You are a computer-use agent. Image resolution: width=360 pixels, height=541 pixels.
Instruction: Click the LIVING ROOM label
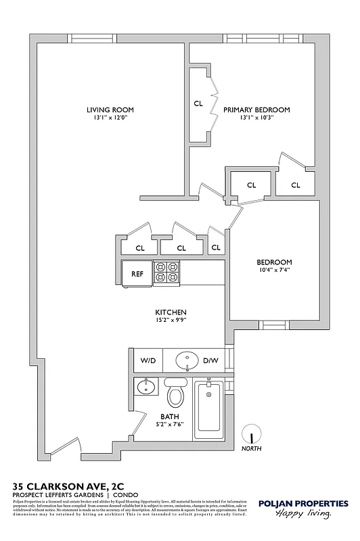click(x=110, y=110)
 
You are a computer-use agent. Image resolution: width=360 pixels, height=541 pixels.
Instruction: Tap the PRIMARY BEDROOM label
click(x=256, y=110)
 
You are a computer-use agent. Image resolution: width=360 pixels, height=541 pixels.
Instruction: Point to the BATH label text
click(x=169, y=417)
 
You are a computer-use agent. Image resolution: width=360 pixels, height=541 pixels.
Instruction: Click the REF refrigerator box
click(x=137, y=275)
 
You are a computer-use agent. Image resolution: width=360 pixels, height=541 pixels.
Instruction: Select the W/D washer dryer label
click(x=148, y=361)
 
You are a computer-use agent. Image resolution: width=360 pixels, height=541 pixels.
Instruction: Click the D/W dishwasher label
click(x=210, y=361)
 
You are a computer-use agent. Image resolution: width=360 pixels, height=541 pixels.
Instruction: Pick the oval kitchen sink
click(x=187, y=360)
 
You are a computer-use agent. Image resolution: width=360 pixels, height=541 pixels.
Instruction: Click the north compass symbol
click(x=251, y=432)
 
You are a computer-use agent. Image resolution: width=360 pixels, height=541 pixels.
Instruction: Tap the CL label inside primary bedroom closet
click(x=198, y=103)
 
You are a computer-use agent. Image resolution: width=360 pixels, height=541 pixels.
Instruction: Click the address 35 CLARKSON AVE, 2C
click(x=69, y=485)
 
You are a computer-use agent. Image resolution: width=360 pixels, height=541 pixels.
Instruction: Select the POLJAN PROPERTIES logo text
click(x=303, y=503)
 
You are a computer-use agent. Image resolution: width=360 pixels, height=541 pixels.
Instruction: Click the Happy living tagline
click(x=302, y=515)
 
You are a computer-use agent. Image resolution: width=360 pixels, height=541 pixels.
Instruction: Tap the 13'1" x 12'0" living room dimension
click(x=110, y=118)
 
